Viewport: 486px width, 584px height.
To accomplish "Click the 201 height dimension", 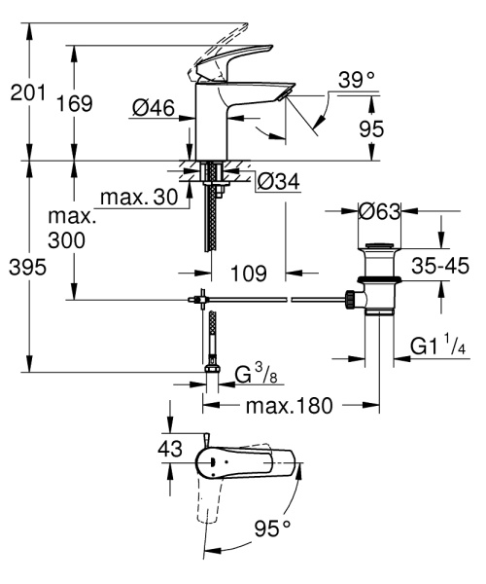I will tap(26, 94).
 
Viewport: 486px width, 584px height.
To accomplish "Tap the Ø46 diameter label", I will tap(154, 109).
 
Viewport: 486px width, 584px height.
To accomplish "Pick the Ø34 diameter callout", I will tap(278, 180).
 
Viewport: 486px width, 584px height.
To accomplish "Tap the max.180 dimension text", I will tap(287, 403).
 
